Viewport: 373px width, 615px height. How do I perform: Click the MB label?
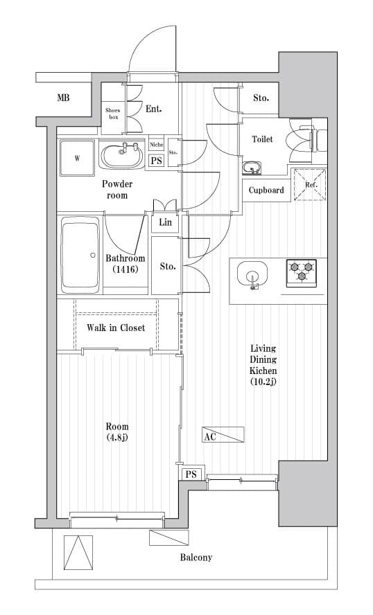63,98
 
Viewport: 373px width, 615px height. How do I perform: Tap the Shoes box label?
112,114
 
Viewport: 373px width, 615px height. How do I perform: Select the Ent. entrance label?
154,108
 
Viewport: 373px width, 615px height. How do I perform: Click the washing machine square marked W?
78,159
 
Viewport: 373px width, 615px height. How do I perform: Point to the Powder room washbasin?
123,154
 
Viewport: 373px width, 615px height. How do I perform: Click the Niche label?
157,145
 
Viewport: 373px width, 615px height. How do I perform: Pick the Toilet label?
262,139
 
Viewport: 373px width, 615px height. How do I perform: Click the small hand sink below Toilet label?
251,168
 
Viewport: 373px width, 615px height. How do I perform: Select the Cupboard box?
266,190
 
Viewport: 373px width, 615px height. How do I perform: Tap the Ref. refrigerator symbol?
311,185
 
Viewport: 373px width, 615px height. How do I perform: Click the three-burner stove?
302,271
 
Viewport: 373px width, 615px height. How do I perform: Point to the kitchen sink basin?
252,274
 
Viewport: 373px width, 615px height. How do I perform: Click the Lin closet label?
165,222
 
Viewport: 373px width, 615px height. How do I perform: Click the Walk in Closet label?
116,328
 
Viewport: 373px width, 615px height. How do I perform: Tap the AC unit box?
223,436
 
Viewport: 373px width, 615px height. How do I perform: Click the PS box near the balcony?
191,474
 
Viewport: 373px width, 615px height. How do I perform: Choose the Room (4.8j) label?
117,432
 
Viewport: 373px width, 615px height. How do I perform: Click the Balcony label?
196,558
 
